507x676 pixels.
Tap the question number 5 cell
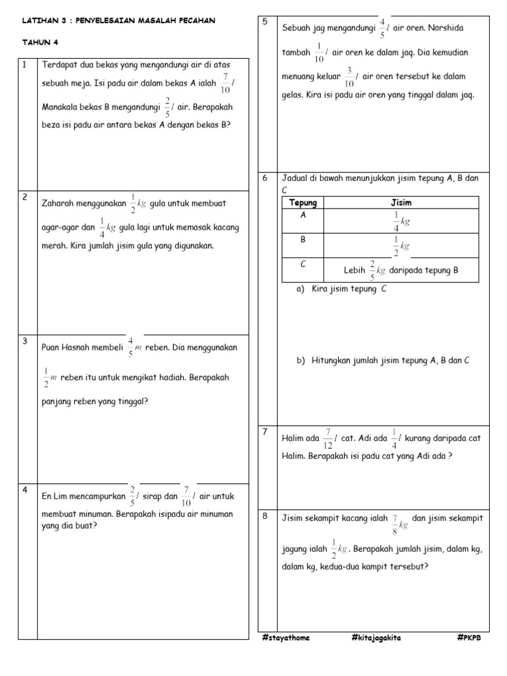point(265,22)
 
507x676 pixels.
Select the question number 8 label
point(265,516)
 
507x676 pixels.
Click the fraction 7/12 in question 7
point(328,437)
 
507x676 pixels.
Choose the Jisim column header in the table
point(401,202)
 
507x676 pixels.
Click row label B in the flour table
point(303,240)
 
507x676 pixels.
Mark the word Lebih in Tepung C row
point(355,270)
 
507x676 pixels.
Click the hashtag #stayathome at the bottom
point(285,638)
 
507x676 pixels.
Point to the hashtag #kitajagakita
point(377,638)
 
